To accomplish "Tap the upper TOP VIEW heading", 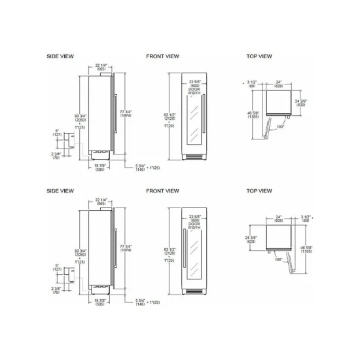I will (259, 56).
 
